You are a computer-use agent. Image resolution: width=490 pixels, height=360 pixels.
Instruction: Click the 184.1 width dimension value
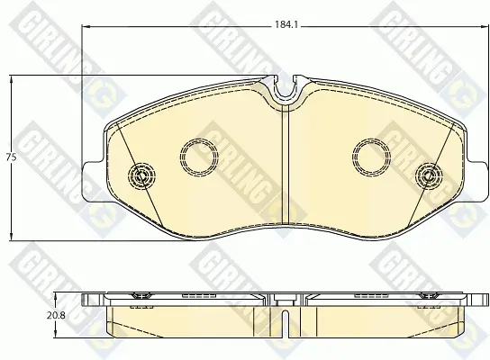286,24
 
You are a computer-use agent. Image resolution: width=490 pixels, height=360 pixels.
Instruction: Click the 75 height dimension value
11,157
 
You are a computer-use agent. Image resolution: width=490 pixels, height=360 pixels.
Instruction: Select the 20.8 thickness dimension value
56,315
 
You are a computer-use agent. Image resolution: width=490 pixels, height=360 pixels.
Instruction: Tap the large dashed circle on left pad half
199,156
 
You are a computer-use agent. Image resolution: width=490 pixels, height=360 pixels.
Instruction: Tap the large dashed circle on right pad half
372,156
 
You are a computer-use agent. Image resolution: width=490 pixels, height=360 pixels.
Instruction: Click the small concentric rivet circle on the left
141,176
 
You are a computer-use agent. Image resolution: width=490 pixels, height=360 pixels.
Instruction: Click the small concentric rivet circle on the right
429,176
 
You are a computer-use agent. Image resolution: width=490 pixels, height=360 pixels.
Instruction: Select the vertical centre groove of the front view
286,165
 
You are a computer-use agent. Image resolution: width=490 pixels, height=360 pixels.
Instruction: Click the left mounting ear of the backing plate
93,181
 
